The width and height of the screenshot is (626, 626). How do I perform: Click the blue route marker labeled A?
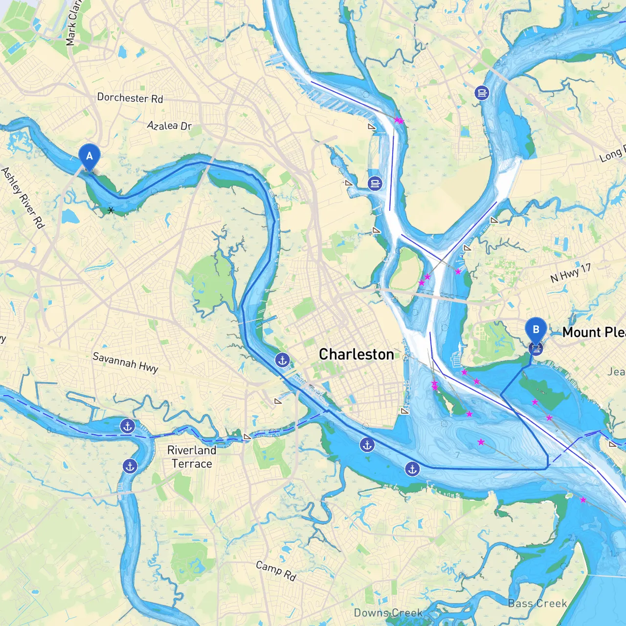(x=89, y=156)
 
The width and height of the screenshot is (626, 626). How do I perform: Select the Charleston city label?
(x=356, y=354)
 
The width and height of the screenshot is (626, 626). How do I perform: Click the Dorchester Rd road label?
(x=130, y=98)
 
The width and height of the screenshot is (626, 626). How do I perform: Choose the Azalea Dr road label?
(x=169, y=126)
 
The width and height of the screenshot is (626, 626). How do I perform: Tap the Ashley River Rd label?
(x=22, y=198)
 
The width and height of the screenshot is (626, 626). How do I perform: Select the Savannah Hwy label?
(x=125, y=362)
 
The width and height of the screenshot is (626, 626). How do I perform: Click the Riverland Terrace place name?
(x=192, y=457)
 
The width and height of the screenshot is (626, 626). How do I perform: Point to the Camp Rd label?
(x=276, y=571)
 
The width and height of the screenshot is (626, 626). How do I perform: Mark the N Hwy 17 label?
(x=570, y=273)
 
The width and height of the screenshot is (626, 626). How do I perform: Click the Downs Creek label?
(x=388, y=613)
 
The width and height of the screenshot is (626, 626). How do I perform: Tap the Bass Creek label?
(x=537, y=604)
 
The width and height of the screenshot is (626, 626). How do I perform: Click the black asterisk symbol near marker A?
(x=111, y=210)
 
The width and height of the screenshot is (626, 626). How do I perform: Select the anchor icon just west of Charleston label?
(x=282, y=360)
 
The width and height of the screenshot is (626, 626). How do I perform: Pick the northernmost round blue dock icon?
(x=482, y=92)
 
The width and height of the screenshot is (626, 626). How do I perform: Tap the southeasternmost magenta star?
(x=583, y=500)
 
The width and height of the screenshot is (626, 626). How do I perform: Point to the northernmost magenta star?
(x=397, y=119)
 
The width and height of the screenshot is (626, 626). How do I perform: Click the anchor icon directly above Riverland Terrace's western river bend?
(x=128, y=426)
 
